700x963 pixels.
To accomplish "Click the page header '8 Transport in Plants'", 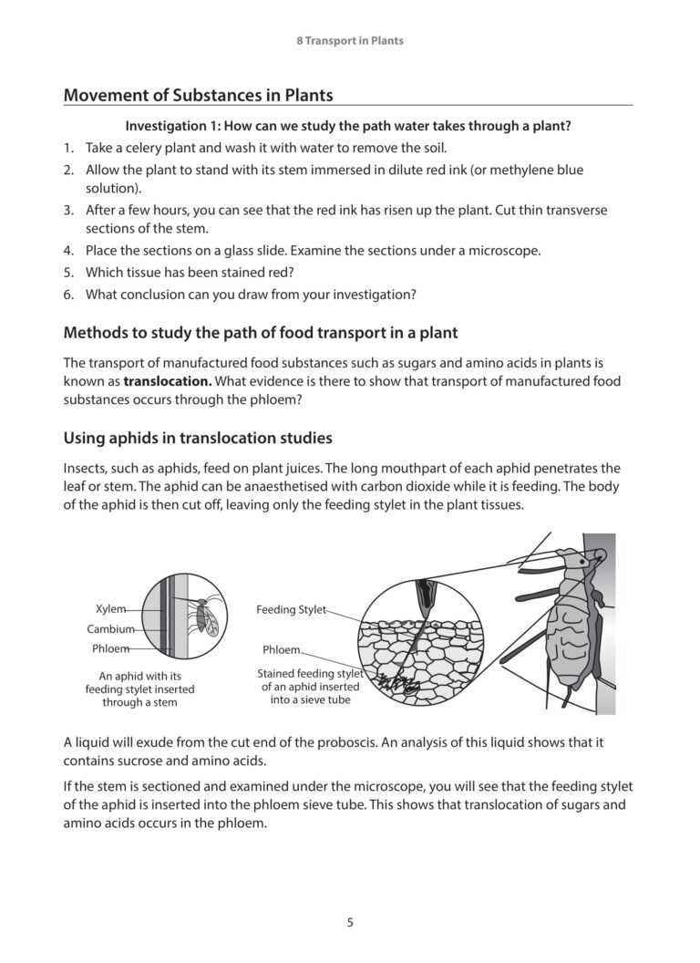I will pyautogui.click(x=350, y=41).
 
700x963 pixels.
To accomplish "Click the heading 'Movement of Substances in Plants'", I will pyautogui.click(x=198, y=95).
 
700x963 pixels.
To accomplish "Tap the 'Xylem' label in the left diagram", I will pyautogui.click(x=110, y=608).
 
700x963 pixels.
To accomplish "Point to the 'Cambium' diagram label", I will pyautogui.click(x=110, y=629).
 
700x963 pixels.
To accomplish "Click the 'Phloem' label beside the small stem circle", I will pyautogui.click(x=110, y=649).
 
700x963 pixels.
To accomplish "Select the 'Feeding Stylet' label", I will pyautogui.click(x=290, y=609).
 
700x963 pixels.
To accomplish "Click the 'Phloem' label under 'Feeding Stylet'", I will pyautogui.click(x=281, y=650).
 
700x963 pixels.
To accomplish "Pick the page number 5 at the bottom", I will pyautogui.click(x=350, y=922).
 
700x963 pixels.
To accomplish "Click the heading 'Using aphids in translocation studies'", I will pyautogui.click(x=198, y=438).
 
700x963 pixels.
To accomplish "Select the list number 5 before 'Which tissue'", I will pyautogui.click(x=68, y=272).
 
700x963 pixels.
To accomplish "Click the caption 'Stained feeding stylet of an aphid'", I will pyautogui.click(x=310, y=687).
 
